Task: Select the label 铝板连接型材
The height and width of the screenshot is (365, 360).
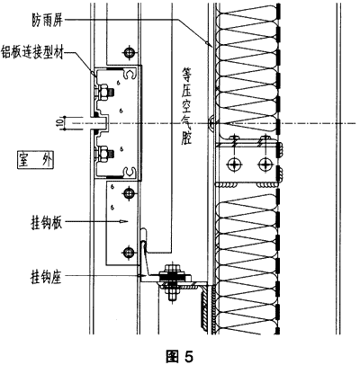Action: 32,51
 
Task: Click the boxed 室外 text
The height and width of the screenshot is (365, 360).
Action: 35,161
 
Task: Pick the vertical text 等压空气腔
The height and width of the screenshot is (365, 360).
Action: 186,106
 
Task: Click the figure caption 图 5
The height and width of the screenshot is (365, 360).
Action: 180,356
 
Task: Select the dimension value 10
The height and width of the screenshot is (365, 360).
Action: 59,122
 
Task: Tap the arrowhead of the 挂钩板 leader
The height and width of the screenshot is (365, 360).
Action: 123,222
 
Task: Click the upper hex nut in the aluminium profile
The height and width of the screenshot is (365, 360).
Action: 103,91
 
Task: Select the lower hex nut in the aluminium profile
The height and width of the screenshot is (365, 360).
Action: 103,153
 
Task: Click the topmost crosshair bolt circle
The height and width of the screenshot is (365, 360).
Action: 129,52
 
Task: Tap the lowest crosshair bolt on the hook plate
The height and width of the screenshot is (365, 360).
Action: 129,252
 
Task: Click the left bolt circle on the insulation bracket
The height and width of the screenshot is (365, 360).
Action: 234,164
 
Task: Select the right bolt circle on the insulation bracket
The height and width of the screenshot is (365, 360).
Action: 265,164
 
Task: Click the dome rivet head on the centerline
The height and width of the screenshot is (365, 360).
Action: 211,123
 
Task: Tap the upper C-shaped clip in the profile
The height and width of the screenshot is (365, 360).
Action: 130,75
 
